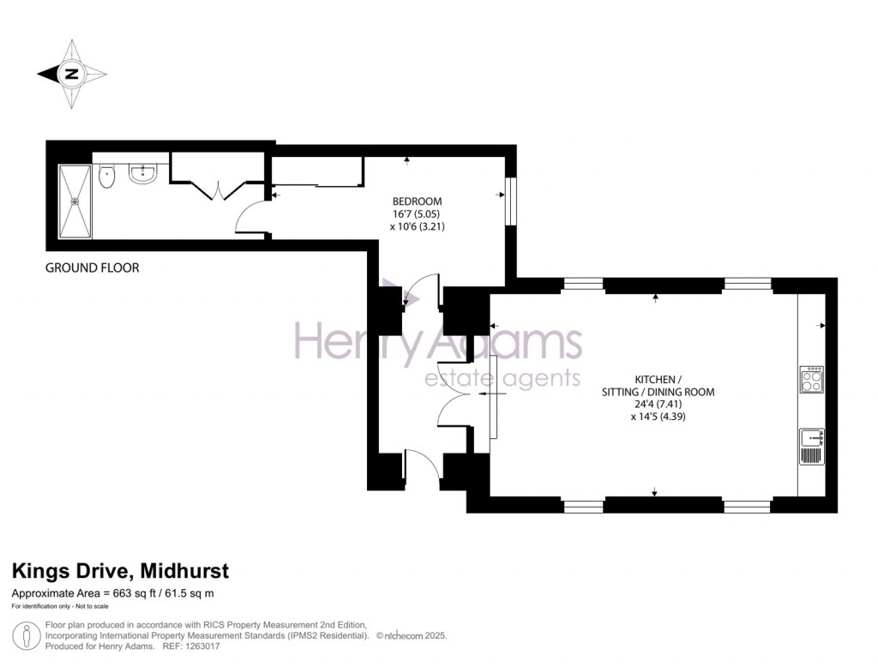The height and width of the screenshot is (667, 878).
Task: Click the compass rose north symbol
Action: [x=72, y=74]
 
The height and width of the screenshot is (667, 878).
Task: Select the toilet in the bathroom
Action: [x=107, y=177]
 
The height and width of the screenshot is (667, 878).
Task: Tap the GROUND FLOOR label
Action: [x=92, y=268]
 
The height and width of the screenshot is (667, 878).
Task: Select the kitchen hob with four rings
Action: [x=811, y=380]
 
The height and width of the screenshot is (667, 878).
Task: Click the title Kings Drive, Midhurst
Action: [x=119, y=571]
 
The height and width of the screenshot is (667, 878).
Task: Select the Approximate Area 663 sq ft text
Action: [x=112, y=593]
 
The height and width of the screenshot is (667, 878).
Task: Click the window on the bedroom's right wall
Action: [x=511, y=201]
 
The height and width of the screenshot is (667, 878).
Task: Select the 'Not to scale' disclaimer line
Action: [x=56, y=607]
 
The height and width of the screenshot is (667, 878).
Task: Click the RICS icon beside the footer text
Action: [x=28, y=637]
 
